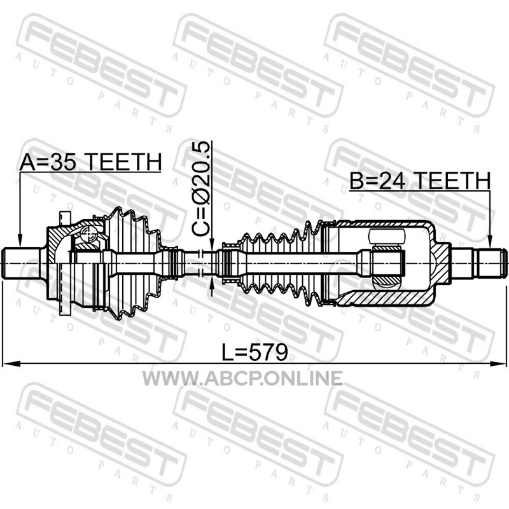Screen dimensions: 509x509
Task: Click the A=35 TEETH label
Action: click(90, 162)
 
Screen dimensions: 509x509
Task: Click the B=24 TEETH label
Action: click(420, 181)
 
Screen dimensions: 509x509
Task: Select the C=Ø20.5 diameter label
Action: click(201, 189)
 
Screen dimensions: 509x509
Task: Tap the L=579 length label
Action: click(254, 352)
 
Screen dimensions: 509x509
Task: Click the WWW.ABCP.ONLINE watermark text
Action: click(242, 378)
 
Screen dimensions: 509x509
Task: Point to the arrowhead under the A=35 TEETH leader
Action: click(20, 242)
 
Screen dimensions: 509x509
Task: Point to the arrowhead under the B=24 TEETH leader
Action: click(490, 242)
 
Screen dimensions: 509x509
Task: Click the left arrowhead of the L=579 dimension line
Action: click(9, 363)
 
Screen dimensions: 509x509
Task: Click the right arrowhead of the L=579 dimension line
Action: click(499, 363)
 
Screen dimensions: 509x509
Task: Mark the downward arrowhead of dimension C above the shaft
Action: click(211, 244)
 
